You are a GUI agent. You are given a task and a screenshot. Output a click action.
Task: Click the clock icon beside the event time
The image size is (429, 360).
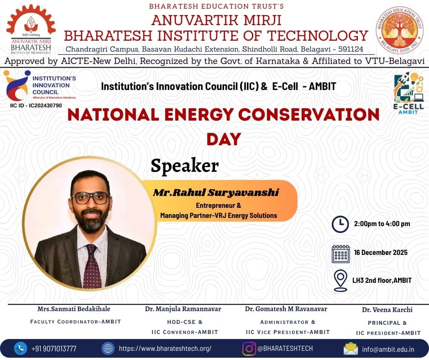pos(340,224)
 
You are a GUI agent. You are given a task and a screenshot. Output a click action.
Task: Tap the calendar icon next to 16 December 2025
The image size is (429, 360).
pos(340,254)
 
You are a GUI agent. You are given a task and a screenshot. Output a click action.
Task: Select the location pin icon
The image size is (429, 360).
pos(340,281)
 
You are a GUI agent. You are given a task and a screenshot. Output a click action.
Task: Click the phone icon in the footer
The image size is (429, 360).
pos(20,348)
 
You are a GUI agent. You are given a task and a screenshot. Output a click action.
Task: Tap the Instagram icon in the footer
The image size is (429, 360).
pos(249,349)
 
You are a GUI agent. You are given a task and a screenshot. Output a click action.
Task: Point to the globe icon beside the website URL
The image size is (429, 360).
pos(108,349)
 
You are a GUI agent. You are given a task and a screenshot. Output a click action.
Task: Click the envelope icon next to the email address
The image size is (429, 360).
pos(351,349)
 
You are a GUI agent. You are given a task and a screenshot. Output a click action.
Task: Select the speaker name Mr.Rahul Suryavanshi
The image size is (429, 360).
pos(216,192)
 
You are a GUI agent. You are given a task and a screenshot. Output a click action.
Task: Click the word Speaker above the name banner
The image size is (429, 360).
pos(185,166)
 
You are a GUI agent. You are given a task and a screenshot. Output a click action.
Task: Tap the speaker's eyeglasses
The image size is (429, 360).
pos(90,198)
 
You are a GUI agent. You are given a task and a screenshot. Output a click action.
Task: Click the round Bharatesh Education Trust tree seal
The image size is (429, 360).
pos(399,30)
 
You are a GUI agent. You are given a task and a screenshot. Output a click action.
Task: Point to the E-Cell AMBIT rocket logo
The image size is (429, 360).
pos(408,93)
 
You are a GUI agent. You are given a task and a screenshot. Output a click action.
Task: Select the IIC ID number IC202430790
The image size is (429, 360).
pos(46,106)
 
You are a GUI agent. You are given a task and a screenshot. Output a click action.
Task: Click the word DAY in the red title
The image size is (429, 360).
pos(224,139)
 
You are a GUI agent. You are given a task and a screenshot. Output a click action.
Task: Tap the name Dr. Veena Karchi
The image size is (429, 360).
pos(387,310)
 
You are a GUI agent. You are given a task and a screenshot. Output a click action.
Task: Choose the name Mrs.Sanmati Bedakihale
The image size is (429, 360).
pos(74,309)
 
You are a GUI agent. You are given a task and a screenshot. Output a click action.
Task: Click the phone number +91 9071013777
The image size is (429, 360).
pos(54,349)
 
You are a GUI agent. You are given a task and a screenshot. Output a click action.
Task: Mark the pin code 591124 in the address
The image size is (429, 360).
pos(351,49)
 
